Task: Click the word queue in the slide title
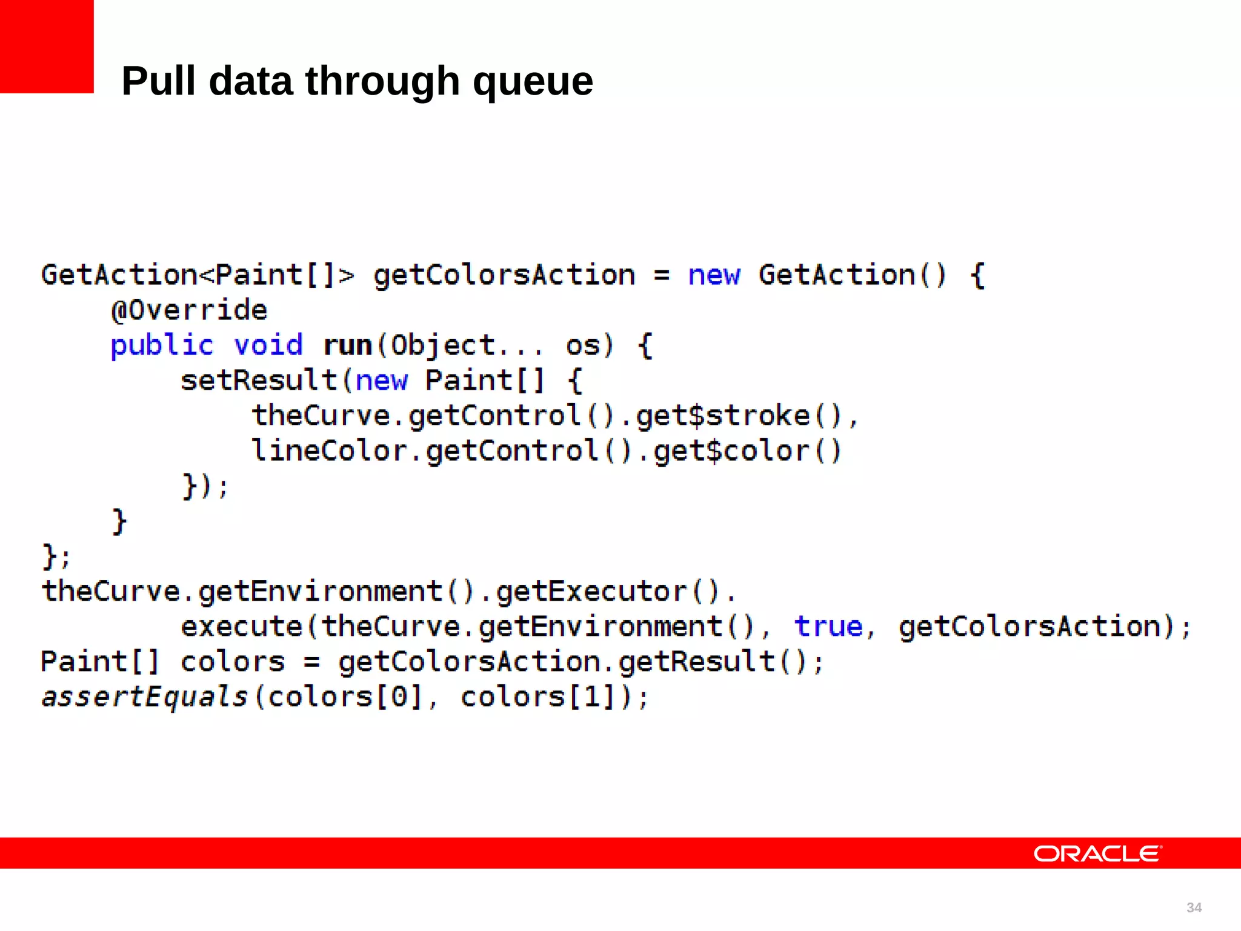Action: tap(533, 82)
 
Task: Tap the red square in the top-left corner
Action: tap(47, 46)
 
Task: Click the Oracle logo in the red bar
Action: tap(1097, 853)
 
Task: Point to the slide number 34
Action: tap(1194, 907)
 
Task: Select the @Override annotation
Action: tap(189, 310)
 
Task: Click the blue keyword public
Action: tap(162, 345)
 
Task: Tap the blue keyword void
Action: tap(268, 345)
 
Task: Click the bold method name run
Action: tap(348, 345)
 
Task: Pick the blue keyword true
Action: tap(828, 627)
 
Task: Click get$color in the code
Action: tap(731, 451)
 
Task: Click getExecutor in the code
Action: tap(591, 592)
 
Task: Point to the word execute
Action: tap(242, 627)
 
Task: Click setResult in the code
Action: tap(259, 381)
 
